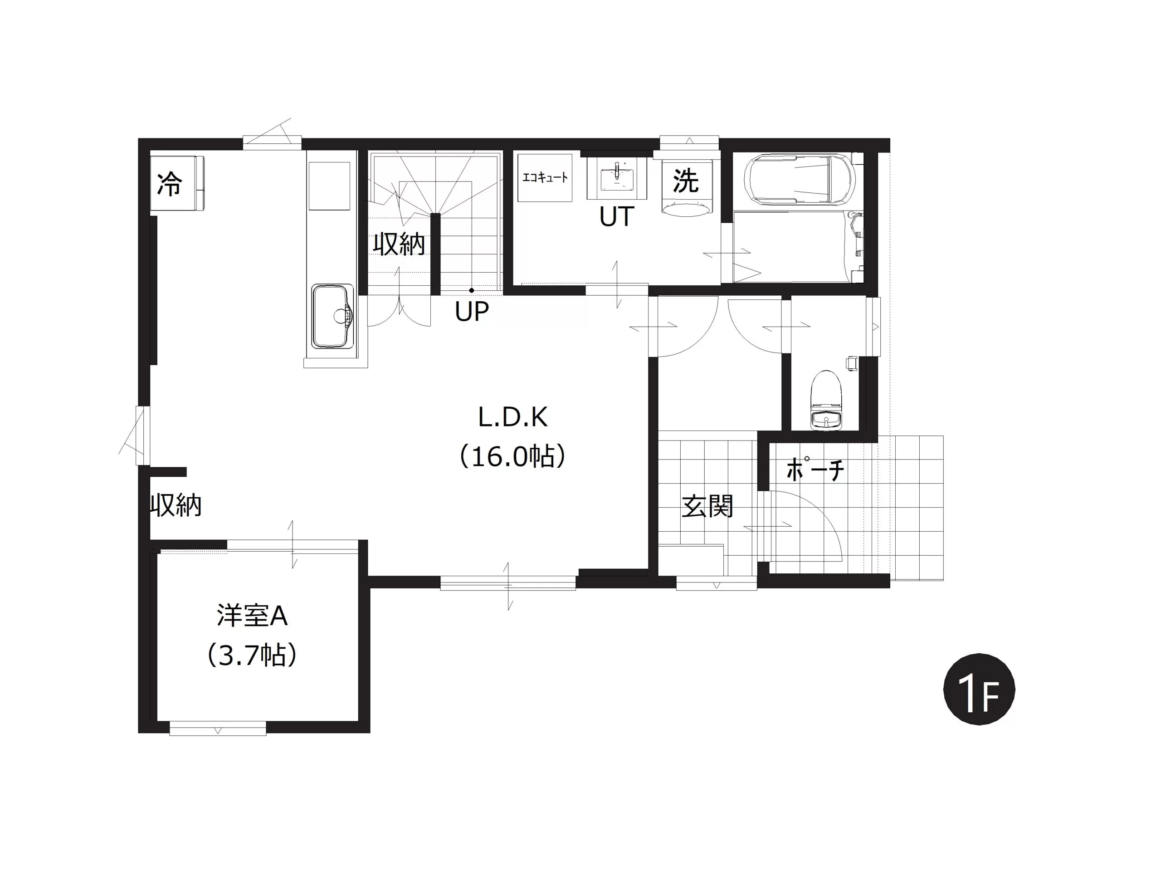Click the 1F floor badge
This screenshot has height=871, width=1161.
[x=979, y=690]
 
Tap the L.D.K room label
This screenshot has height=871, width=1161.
[x=513, y=417]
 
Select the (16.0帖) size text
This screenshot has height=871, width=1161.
[x=513, y=456]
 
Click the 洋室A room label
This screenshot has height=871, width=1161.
[x=252, y=616]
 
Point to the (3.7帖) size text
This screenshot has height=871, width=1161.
[x=252, y=655]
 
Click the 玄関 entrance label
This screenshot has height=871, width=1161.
[x=707, y=506]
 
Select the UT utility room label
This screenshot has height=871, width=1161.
[x=617, y=216]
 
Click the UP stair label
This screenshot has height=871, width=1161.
[x=471, y=311]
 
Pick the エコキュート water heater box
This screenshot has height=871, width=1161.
[x=545, y=177]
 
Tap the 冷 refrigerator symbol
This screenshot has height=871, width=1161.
[x=177, y=183]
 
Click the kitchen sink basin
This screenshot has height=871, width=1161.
[x=333, y=317]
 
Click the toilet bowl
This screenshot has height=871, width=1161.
[x=826, y=389]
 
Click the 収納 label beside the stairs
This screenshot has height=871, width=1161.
[x=399, y=244]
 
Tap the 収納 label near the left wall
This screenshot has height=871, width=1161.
[x=176, y=506]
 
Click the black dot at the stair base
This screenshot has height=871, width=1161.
[x=471, y=290]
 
